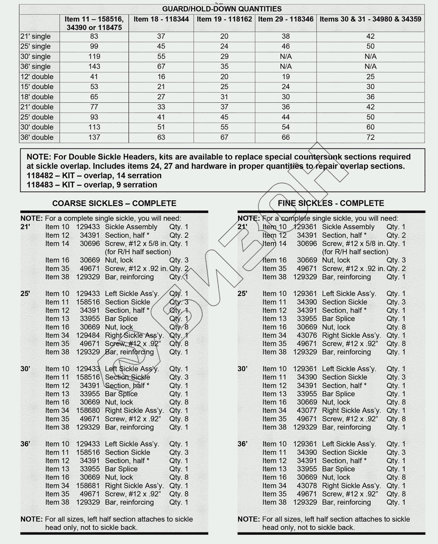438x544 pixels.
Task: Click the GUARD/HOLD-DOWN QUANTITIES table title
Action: coord(222,9)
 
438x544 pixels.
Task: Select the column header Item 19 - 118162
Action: coord(224,19)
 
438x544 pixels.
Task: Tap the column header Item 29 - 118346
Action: coord(286,19)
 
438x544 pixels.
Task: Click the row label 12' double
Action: coord(37,77)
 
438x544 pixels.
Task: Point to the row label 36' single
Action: coord(36,67)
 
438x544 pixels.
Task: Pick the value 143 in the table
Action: coord(94,67)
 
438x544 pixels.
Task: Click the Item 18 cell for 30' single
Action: coord(161,57)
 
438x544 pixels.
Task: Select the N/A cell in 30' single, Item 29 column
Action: coord(286,57)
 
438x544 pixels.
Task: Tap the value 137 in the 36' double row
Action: coord(94,137)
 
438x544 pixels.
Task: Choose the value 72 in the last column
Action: coord(370,137)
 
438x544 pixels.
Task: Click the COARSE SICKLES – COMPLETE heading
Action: coord(114,204)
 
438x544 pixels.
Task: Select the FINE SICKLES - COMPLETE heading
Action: coord(331,204)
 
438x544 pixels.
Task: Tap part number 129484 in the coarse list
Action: coord(88,335)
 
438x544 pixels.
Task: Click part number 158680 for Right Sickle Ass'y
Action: coord(88,411)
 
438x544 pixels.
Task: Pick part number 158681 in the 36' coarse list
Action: coord(88,486)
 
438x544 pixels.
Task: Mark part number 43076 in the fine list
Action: coord(307,335)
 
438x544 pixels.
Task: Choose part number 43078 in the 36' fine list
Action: coord(307,486)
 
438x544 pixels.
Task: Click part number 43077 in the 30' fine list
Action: coord(307,411)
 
